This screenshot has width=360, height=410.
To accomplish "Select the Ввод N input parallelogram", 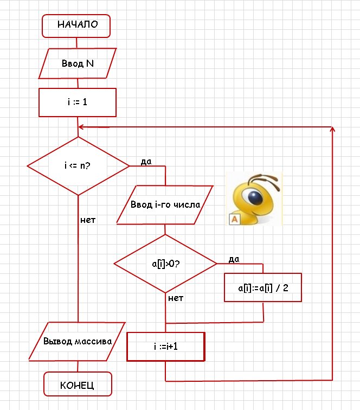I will pos(78,63).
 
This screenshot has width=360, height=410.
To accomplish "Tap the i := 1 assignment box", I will pos(78,102).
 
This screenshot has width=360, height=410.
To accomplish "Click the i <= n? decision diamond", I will pos(78,166).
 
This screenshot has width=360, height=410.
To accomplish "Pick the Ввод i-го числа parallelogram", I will pos(165,205).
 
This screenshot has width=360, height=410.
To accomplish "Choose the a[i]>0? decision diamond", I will pos(165,264).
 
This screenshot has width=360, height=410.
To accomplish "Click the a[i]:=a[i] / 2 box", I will pos(263,287).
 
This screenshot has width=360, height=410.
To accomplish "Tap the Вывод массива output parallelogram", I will pos(78,342).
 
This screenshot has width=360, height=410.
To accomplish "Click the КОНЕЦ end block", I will pos(78,385).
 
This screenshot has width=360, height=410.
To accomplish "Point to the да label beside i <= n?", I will pos(145,162).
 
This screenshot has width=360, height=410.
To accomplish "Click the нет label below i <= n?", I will pos(88,220).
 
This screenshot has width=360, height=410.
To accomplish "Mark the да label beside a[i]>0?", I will pos(234,259).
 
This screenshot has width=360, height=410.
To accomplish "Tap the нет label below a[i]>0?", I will pos(176,298).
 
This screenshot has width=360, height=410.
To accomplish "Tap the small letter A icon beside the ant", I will pos(235,219).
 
